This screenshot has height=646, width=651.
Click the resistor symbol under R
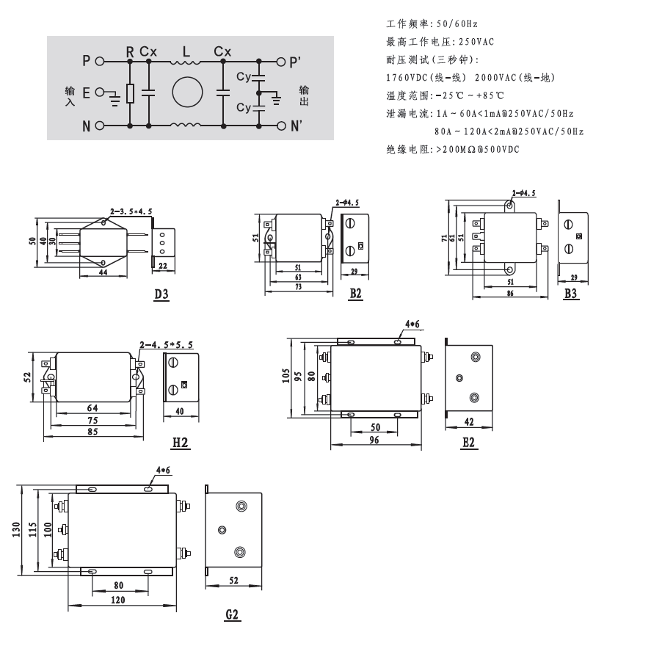coord(130,93)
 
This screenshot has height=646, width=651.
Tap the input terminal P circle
coord(100,62)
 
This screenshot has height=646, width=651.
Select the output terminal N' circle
coord(282,126)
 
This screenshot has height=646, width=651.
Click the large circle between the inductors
coord(188,92)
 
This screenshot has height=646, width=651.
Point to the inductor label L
coord(186,51)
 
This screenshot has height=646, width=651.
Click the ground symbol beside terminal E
coord(114,99)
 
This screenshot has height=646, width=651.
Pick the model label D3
coord(161,294)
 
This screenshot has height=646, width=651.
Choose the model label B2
coord(355,294)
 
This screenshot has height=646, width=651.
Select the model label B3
coord(571,294)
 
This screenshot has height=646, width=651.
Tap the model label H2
coord(181,443)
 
